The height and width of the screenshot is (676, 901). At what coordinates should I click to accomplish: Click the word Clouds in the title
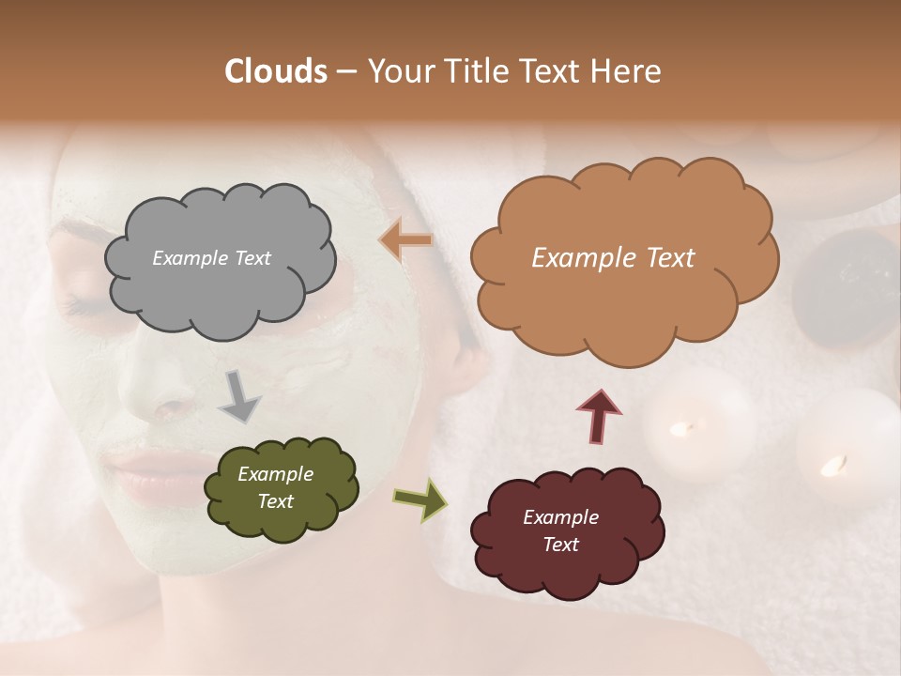click(276, 71)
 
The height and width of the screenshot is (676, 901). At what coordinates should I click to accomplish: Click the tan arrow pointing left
click(406, 241)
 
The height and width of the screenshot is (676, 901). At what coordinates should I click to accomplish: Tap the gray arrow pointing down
click(239, 395)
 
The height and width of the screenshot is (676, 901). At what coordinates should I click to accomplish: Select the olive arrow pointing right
click(420, 499)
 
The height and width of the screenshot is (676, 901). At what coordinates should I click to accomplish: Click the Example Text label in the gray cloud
click(211, 258)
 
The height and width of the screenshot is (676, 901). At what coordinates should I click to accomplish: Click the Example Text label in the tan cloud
click(613, 258)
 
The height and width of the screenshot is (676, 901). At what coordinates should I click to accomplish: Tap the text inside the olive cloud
click(275, 488)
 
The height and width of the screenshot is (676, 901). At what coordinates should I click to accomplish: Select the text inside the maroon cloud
click(560, 530)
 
